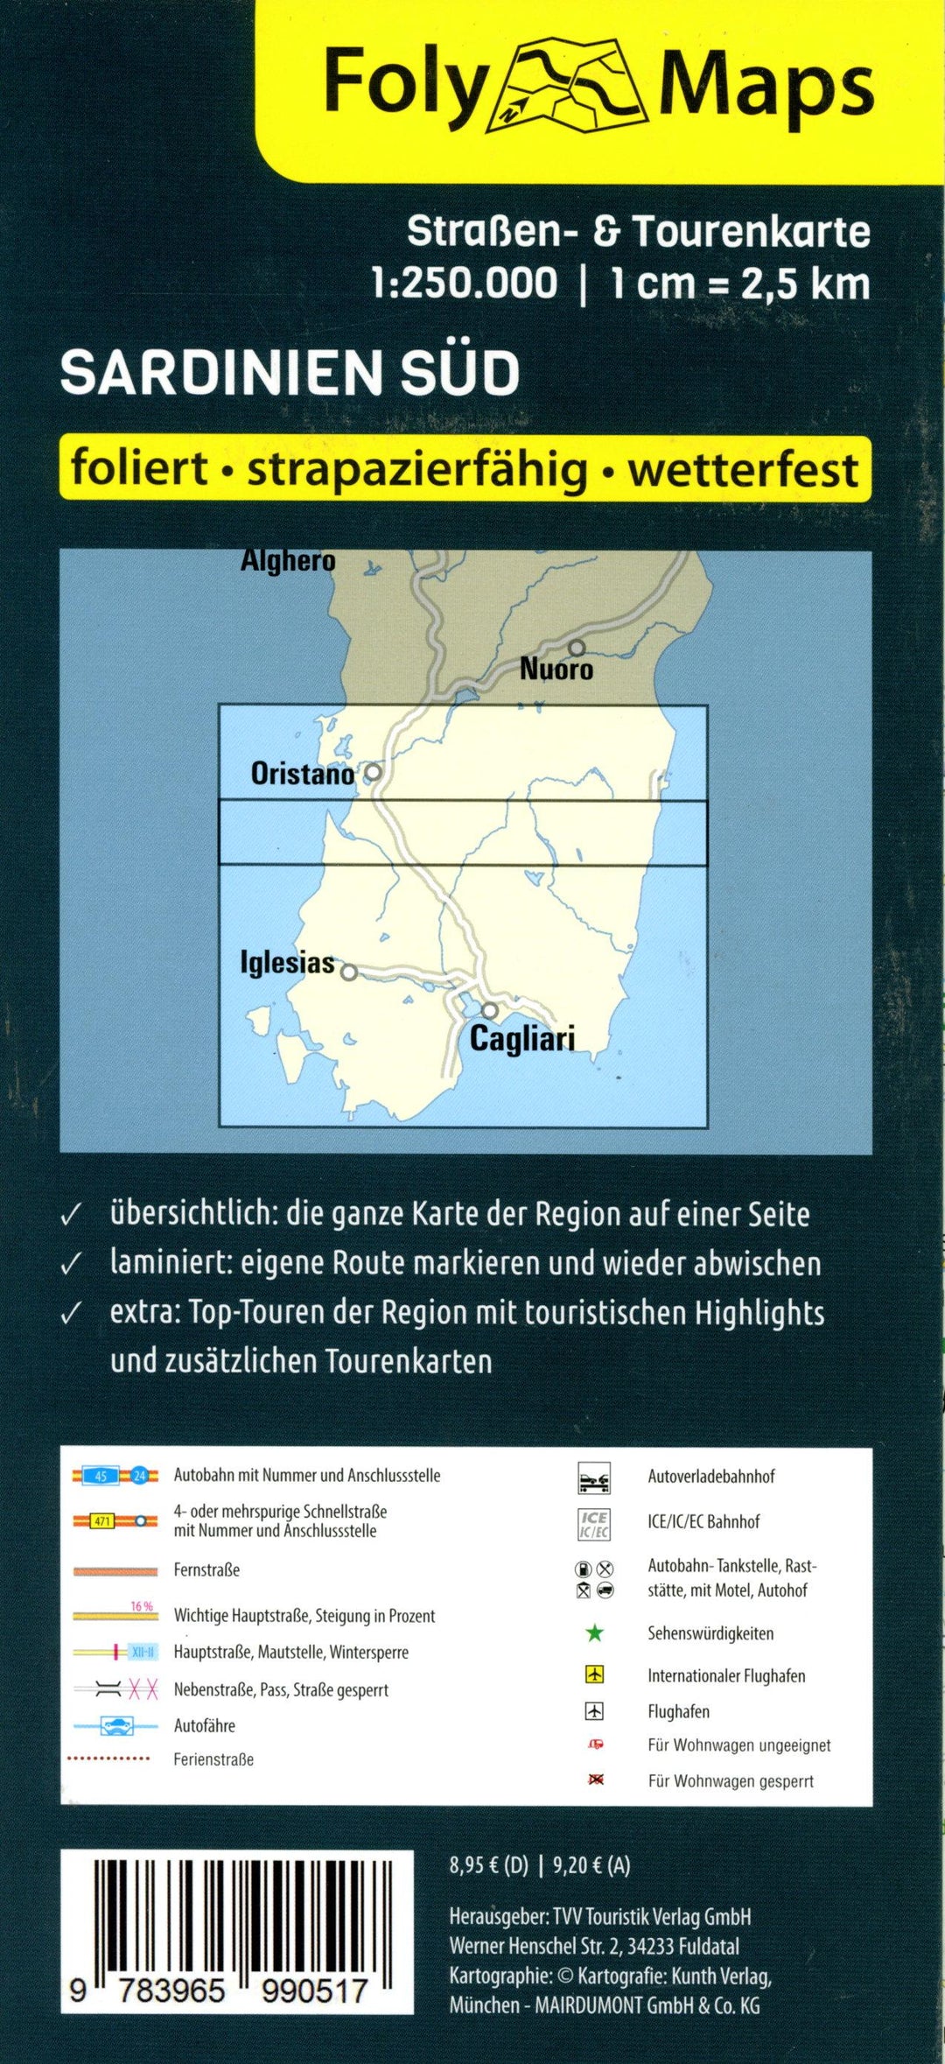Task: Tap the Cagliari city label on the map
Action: click(x=522, y=1039)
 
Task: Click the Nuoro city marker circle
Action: click(x=577, y=648)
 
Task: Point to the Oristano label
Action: click(x=302, y=774)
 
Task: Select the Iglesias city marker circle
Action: click(x=349, y=972)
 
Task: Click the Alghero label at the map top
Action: click(x=288, y=561)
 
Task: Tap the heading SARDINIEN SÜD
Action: click(x=290, y=373)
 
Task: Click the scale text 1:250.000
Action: click(x=464, y=284)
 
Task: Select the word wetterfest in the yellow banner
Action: click(x=743, y=469)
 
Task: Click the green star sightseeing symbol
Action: click(x=594, y=1632)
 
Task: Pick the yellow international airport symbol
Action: click(x=595, y=1674)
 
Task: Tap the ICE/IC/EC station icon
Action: click(x=594, y=1524)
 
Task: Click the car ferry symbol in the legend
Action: click(x=116, y=1725)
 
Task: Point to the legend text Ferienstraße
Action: click(x=213, y=1759)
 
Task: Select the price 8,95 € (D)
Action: click(x=488, y=1865)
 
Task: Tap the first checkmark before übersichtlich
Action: click(x=71, y=1215)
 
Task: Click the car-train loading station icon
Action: click(x=594, y=1478)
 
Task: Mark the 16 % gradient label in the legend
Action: click(x=142, y=1606)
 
